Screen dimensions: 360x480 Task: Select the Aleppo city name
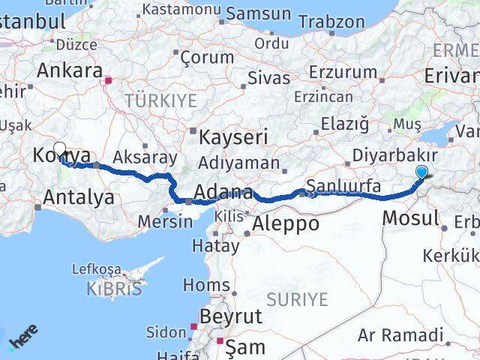286,223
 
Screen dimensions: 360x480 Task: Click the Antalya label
79,197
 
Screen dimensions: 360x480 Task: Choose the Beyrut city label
226,316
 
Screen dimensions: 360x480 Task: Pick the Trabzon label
331,22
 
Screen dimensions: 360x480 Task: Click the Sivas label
268,77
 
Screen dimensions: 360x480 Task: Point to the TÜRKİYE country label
160,100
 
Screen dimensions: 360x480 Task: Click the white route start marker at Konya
59,149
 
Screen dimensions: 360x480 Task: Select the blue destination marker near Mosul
422,172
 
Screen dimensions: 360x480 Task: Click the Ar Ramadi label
400,334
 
